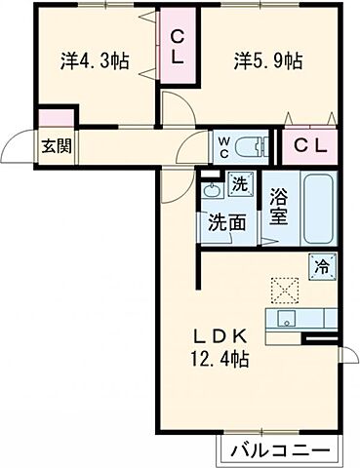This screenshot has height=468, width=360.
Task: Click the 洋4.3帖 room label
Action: pyautogui.click(x=96, y=59)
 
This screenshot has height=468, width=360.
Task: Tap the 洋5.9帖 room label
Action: pyautogui.click(x=267, y=59)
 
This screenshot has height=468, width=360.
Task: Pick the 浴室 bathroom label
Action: pyautogui.click(x=278, y=206)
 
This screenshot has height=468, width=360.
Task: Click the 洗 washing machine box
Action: pyautogui.click(x=239, y=183)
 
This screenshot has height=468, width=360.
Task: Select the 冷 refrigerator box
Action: pyautogui.click(x=321, y=265)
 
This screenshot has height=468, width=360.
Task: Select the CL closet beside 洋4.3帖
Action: pyautogui.click(x=179, y=47)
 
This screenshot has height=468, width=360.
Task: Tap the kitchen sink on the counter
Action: pyautogui.click(x=287, y=320)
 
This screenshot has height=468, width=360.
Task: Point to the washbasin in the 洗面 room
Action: pyautogui.click(x=212, y=190)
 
